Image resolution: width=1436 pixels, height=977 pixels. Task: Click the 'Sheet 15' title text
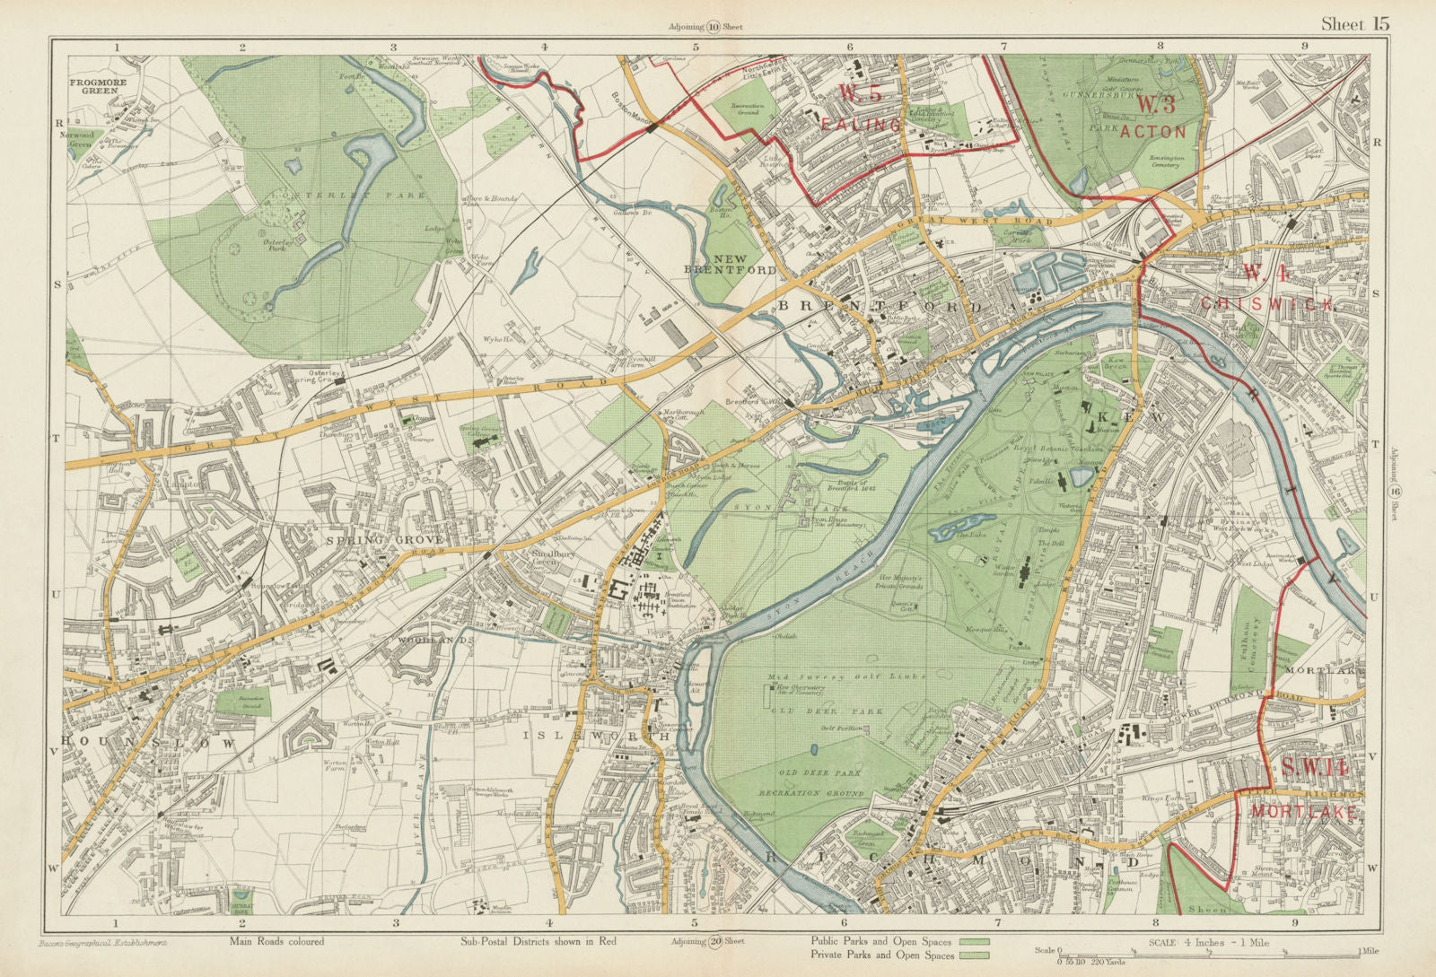click(1354, 24)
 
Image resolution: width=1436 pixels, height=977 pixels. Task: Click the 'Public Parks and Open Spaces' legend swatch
click(975, 942)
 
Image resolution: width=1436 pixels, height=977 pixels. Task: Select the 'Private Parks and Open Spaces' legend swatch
click(975, 956)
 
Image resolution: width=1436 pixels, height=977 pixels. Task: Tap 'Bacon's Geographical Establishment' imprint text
click(103, 943)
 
